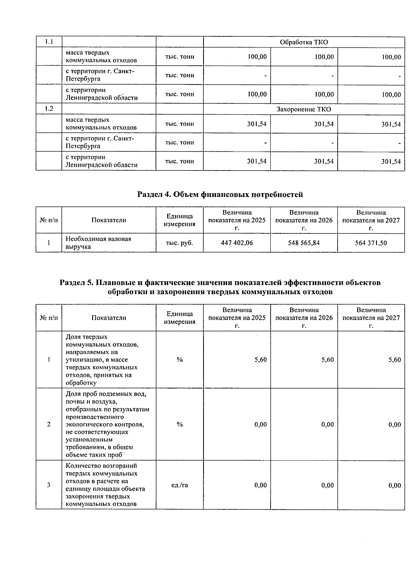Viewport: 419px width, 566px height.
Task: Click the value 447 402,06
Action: (237, 243)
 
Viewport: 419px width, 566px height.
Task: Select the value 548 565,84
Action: (304, 243)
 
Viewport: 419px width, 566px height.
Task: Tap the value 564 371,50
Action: (371, 243)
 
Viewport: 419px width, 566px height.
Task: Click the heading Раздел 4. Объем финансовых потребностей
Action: (220, 195)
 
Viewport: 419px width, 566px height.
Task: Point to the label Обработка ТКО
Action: (304, 42)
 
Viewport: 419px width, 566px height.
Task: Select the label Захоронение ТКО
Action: (304, 109)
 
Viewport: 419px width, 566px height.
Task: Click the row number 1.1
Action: (49, 42)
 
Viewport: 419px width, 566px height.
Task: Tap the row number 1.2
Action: (49, 109)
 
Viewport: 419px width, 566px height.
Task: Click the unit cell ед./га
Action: (179, 485)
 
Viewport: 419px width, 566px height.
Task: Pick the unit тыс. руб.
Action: (179, 243)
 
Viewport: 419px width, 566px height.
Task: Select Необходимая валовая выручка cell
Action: (98, 243)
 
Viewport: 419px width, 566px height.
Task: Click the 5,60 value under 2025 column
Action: (260, 360)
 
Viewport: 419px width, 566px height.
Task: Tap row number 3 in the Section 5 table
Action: (49, 485)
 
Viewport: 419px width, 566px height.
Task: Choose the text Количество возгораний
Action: (101, 466)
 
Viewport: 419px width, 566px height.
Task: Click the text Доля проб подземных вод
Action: (106, 394)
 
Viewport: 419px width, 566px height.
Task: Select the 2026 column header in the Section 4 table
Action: (304, 220)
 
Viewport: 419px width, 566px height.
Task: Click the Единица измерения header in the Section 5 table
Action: (179, 318)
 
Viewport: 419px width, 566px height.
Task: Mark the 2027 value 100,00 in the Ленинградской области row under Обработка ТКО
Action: (391, 94)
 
